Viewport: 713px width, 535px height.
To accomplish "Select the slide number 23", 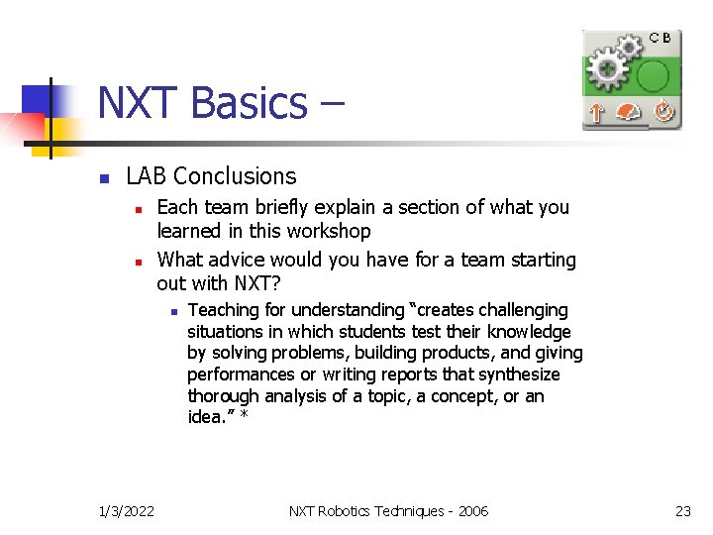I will [682, 511].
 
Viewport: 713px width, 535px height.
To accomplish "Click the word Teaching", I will [224, 311].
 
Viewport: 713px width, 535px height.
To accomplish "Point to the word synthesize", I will [521, 375].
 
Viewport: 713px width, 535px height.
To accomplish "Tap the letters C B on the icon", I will [661, 38].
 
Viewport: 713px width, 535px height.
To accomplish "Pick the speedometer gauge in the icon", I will [628, 113].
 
